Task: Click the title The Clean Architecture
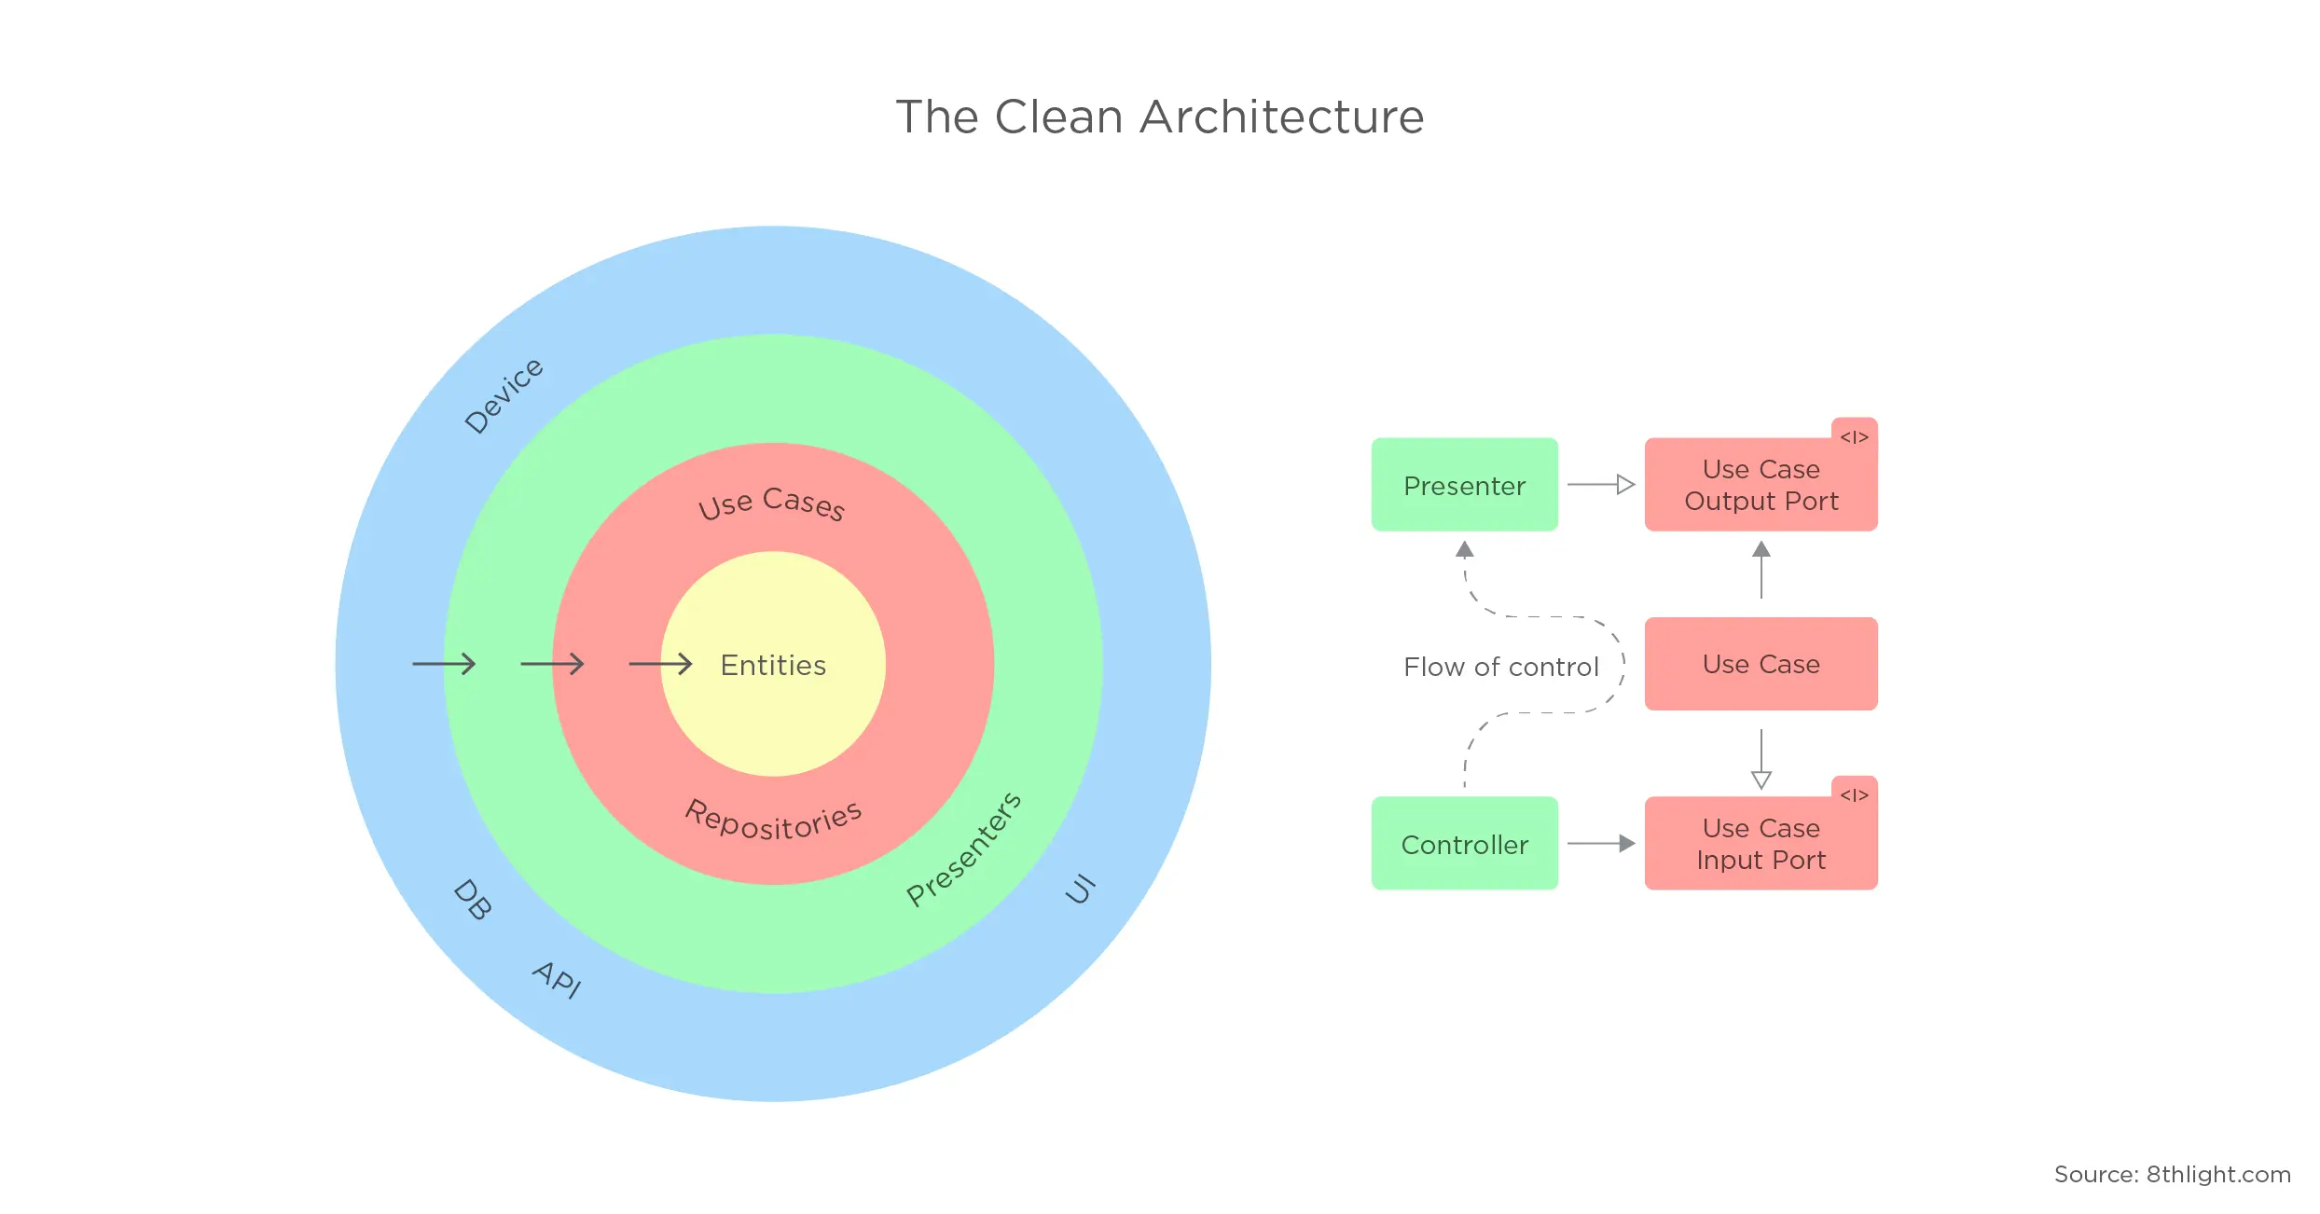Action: pos(1159,117)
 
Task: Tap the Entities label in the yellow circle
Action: pos(773,665)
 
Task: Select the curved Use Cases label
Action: pos(772,504)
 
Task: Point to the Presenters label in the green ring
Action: pos(964,849)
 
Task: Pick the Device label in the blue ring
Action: pos(504,396)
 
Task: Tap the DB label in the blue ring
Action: pos(472,900)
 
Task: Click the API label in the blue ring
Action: pos(558,979)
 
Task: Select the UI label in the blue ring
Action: pos(1081,890)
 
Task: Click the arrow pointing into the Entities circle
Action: pos(660,664)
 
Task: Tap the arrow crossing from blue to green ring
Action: pos(444,664)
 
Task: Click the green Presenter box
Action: pos(1464,485)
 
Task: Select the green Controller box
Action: pos(1464,844)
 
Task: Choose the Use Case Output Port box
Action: pos(1761,485)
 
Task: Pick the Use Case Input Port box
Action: pos(1761,844)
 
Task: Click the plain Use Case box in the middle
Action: pos(1761,664)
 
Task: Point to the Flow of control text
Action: pos(1500,667)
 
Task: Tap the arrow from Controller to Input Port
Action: pos(1601,844)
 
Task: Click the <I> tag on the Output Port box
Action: pos(1854,436)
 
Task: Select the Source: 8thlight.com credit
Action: pos(2172,1174)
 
